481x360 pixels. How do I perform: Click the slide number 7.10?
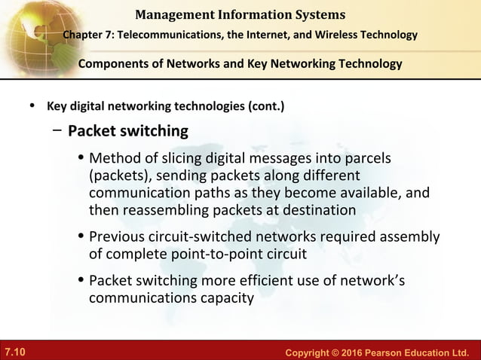pos(14,352)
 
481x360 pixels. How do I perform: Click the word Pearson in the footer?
pos(375,352)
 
